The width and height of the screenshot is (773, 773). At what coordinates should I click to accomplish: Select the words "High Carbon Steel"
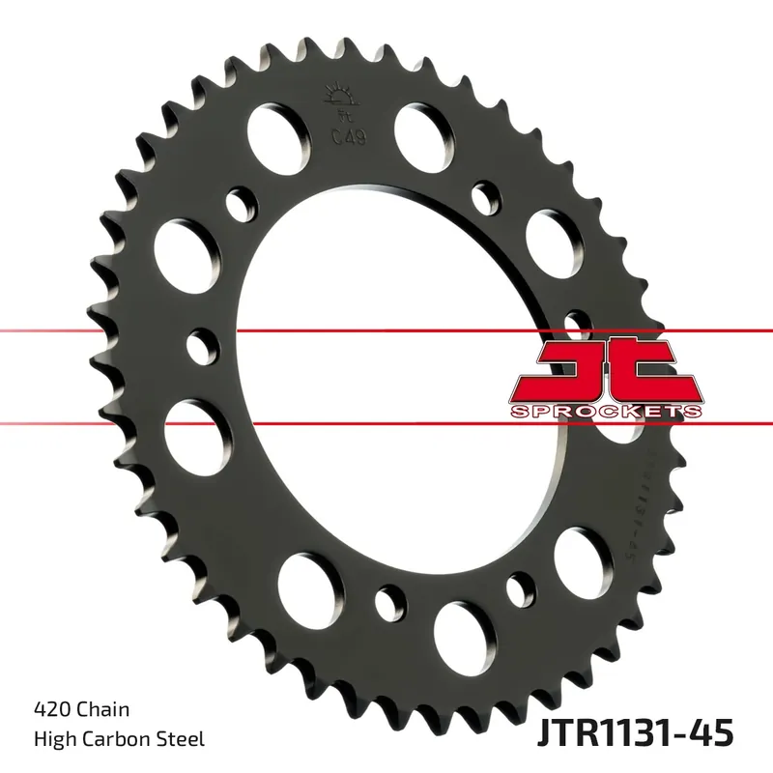coord(120,739)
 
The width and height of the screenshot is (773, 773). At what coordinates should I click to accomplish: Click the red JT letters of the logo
coord(604,371)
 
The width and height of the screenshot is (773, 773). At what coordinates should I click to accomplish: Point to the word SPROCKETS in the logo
coord(605,412)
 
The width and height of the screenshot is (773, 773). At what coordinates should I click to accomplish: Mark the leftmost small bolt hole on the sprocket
coord(202,345)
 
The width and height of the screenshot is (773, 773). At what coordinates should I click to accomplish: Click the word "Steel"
coord(183,739)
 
